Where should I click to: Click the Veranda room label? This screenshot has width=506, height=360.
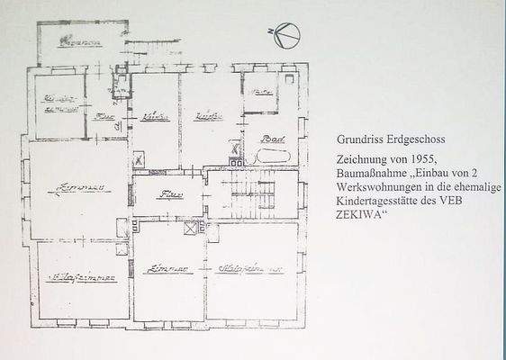(78, 42)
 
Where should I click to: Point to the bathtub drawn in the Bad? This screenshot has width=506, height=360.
(271, 157)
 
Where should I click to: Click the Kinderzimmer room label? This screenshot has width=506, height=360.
(59, 104)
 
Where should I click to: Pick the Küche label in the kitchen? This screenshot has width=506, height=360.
(156, 117)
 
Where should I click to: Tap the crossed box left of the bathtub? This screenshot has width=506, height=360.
(236, 149)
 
